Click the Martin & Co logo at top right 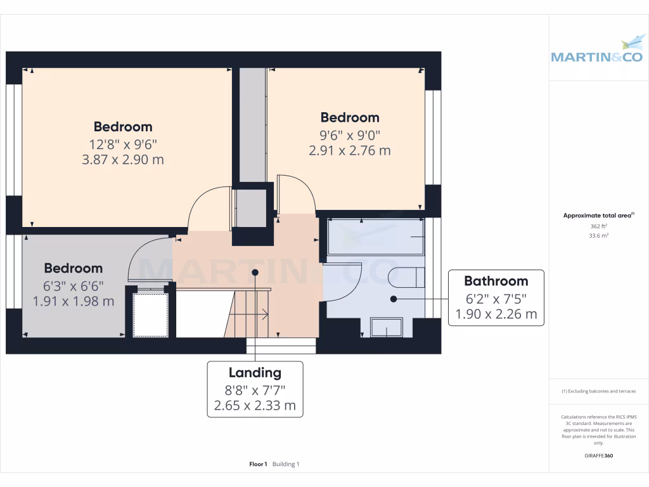point(598,51)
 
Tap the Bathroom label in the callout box point(496,281)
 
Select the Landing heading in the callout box point(255,372)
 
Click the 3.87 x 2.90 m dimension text point(123,160)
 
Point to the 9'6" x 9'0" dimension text point(350,134)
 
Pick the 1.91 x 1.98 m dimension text point(74,301)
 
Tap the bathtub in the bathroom point(375,237)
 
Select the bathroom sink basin point(386,327)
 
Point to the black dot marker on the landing point(255,272)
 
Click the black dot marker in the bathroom point(394,298)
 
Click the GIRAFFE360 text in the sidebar point(598,456)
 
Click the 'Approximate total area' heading point(598,216)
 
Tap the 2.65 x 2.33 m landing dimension point(255,405)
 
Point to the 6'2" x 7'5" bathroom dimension point(496,298)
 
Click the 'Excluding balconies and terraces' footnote point(598,391)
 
